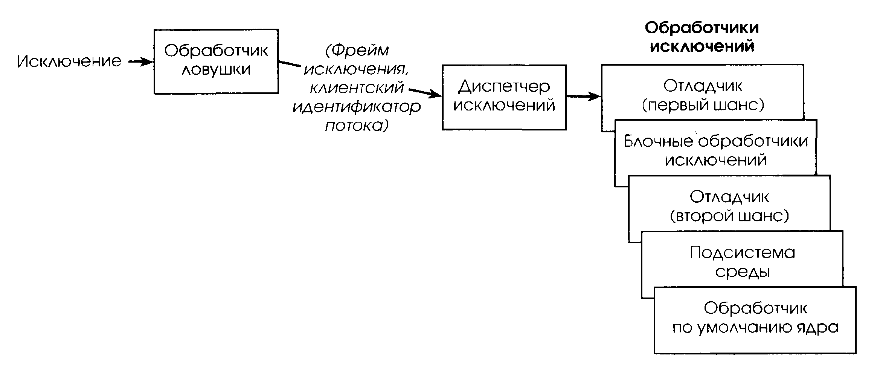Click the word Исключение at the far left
(69, 61)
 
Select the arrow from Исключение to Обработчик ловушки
(140, 62)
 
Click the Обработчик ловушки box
(216, 61)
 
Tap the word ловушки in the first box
(216, 70)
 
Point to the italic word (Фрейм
(357, 50)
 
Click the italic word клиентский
(357, 88)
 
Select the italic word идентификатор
(357, 107)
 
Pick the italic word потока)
(357, 126)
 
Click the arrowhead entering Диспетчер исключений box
(437, 95)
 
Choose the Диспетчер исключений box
(504, 97)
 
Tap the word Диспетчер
(504, 87)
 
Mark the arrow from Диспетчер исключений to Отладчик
(583, 97)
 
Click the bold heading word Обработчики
(702, 28)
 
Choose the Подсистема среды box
(742, 262)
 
